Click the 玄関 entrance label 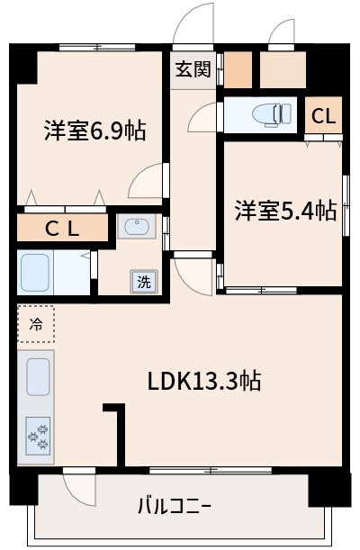coord(193,68)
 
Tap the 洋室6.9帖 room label coord(94,131)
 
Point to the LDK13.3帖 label coord(204,381)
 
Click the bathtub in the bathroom coord(36,271)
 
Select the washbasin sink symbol coord(137,228)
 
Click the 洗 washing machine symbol coord(144,281)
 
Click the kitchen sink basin coord(37,375)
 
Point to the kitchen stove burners coord(38,436)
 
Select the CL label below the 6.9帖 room coord(61,229)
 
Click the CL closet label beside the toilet coord(324,115)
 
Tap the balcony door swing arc coord(79,487)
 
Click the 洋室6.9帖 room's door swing coord(146,181)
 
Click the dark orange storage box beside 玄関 coord(238,69)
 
